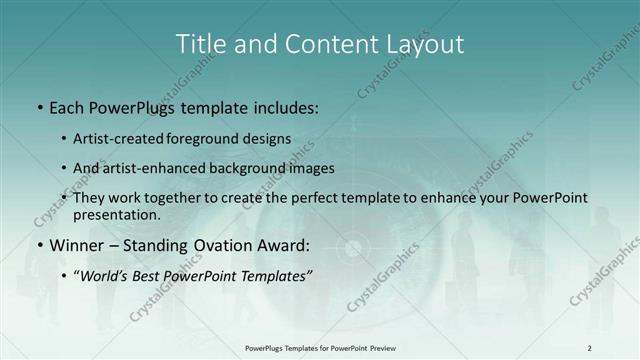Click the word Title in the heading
pos(200,44)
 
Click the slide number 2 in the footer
pos(589,348)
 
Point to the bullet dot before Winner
pos(38,245)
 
